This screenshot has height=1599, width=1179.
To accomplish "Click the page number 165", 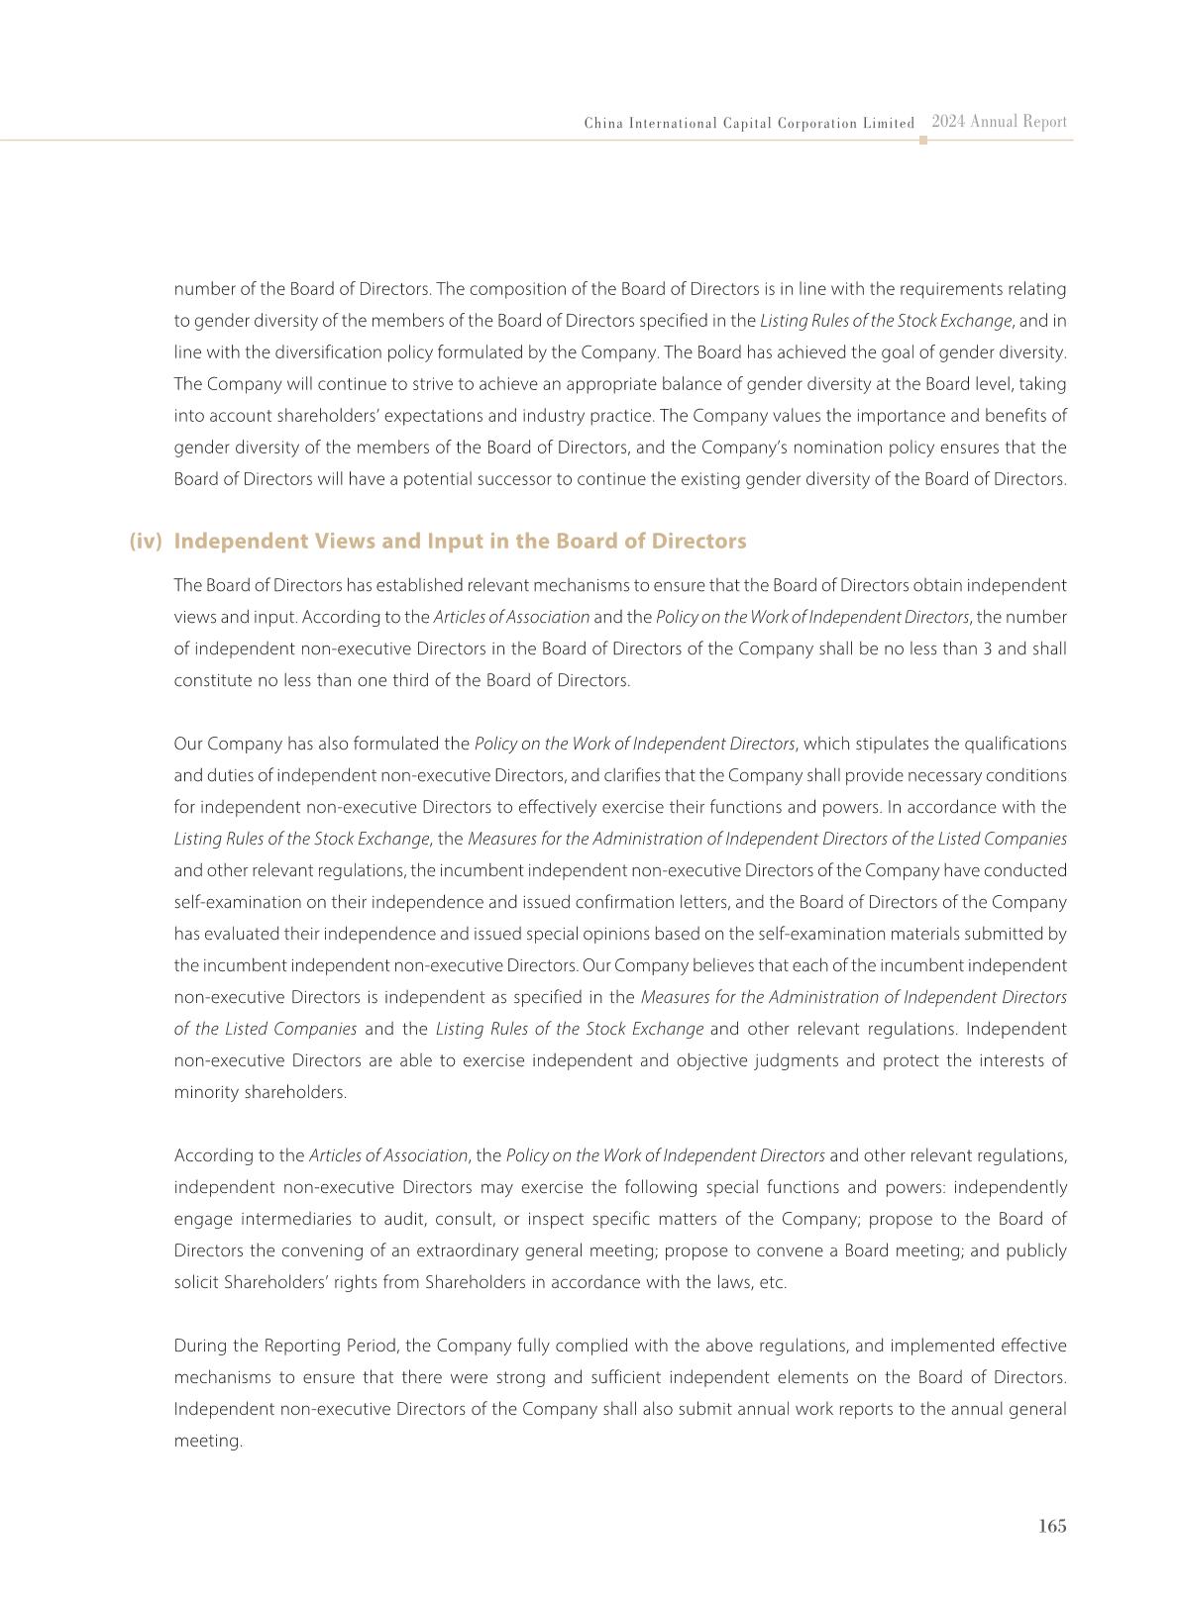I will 1052,1526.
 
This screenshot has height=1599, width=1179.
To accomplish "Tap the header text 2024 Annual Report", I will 999,122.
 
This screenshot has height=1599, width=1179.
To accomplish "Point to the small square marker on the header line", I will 923,141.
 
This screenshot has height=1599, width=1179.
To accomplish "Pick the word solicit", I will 196,1283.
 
